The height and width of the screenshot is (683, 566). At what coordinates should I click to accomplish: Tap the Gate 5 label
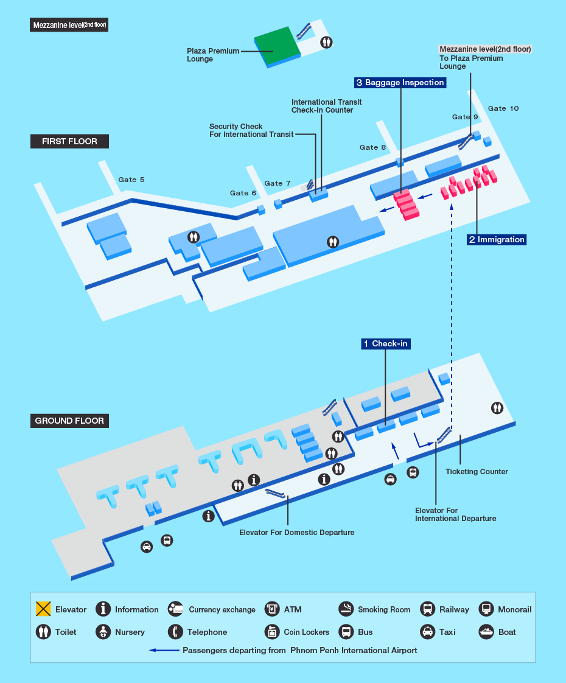pos(131,180)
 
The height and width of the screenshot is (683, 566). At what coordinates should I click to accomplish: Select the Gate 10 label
pos(503,108)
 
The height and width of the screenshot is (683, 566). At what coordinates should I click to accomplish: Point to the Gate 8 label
pos(372,147)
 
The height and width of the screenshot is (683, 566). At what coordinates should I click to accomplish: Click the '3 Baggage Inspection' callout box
pos(400,82)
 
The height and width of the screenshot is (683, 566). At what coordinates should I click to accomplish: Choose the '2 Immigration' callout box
pos(496,239)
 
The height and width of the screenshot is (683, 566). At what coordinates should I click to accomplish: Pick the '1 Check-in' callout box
pos(385,344)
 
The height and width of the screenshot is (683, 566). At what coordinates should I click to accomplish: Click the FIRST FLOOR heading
pos(69,141)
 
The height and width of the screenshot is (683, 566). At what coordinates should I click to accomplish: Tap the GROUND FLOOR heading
pos(69,421)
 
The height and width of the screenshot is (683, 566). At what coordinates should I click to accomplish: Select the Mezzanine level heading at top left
pos(69,26)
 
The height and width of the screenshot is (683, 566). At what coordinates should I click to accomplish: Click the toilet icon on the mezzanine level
pos(327,42)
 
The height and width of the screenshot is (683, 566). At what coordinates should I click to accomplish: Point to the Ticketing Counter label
pos(477,472)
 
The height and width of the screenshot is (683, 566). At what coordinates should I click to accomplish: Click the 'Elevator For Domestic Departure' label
pos(296,533)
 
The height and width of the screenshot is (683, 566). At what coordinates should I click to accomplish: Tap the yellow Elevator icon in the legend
pos(43,609)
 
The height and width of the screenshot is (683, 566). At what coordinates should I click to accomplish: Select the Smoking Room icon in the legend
pos(346,609)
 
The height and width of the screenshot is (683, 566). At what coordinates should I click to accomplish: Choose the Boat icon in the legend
pos(486,631)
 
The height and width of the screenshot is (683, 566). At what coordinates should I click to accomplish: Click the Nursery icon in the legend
pos(103,631)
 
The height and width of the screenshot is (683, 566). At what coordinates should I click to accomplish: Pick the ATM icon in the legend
pos(272,609)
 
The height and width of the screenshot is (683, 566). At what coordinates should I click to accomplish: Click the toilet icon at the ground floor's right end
pos(498,408)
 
